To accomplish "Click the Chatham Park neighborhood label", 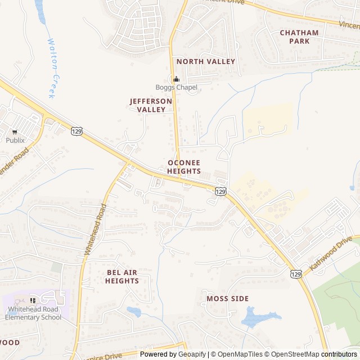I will (299, 37).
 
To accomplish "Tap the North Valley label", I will (205, 61).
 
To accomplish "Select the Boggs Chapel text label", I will (176, 87).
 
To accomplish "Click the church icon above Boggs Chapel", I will (176, 79).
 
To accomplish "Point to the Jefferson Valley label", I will (151, 105).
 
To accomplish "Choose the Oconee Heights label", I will (184, 166).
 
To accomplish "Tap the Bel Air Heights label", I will (122, 277).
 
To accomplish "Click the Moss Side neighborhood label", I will (227, 299).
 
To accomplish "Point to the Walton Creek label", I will (53, 68).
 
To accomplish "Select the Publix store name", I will (15, 140).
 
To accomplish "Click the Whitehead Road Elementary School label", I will (33, 313).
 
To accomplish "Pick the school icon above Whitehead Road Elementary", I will (33, 301).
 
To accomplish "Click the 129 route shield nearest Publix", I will (77, 131).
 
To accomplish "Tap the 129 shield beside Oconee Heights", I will (221, 192).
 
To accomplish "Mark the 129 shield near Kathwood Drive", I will (296, 273).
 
